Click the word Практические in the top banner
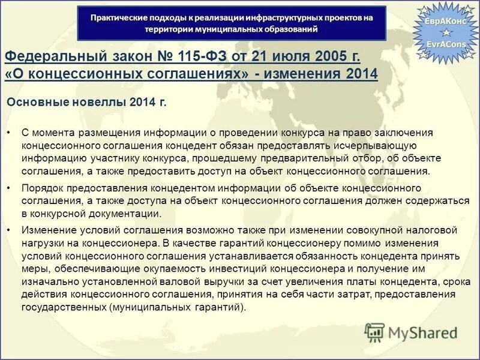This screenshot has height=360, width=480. (x=118, y=17)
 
